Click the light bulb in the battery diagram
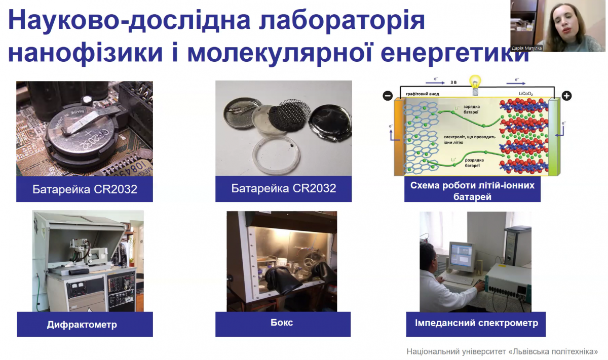(x=475, y=84)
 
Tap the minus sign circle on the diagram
(x=388, y=95)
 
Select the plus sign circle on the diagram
(x=566, y=95)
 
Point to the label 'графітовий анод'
(x=423, y=94)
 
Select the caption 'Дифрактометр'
(x=82, y=325)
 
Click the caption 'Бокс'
(x=284, y=323)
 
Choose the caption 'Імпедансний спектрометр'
(x=476, y=323)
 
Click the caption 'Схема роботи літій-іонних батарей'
(x=472, y=190)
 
